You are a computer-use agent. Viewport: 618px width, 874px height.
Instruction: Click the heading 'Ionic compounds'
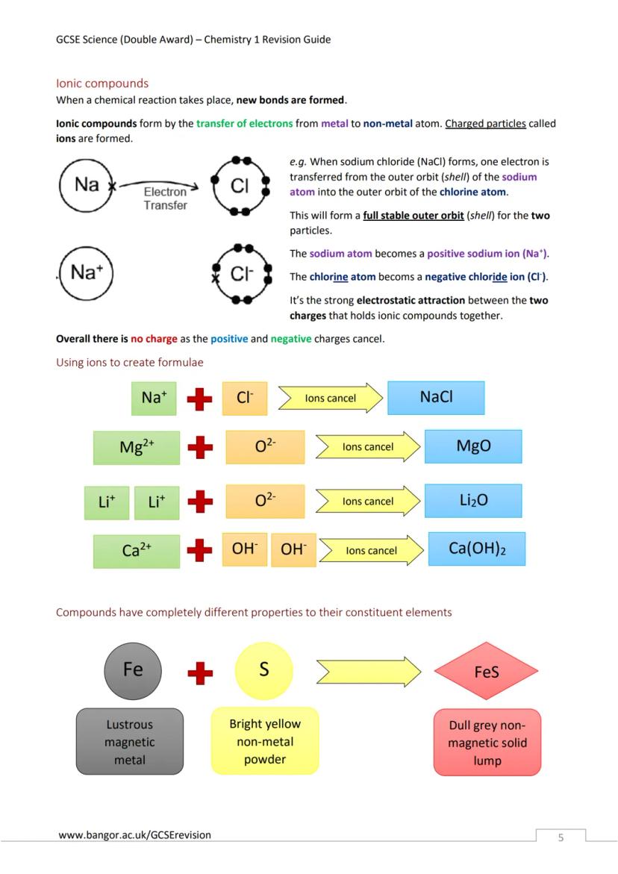[x=102, y=84]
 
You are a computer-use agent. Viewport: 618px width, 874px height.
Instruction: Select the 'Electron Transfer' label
[x=165, y=199]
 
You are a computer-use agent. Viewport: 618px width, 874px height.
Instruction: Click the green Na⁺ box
[x=154, y=398]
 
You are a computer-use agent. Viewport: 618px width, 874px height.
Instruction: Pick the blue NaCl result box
[x=436, y=398]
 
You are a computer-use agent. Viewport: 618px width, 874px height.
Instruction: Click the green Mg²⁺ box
[x=137, y=447]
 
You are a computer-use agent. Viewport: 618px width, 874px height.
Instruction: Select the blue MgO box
[x=473, y=446]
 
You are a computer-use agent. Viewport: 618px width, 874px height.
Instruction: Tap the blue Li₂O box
[x=473, y=501]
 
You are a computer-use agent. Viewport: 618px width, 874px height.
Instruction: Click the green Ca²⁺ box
[x=137, y=551]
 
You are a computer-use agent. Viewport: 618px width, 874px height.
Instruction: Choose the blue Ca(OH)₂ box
[x=477, y=549]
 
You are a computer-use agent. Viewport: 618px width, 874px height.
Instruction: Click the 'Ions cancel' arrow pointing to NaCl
[x=329, y=399]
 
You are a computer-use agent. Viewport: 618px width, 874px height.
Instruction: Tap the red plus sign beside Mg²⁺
[x=199, y=448]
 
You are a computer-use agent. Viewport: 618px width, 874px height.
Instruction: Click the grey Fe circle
[x=133, y=669]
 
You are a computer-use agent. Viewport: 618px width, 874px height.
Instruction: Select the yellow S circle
[x=263, y=669]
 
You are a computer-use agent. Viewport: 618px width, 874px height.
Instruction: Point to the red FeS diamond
[x=486, y=672]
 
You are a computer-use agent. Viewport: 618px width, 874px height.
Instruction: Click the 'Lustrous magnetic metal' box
[x=129, y=742]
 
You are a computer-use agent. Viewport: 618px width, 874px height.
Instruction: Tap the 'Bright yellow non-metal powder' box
[x=265, y=741]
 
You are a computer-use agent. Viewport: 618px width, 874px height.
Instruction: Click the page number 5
[x=561, y=837]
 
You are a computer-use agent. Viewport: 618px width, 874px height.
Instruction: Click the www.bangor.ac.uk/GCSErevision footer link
[x=134, y=834]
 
